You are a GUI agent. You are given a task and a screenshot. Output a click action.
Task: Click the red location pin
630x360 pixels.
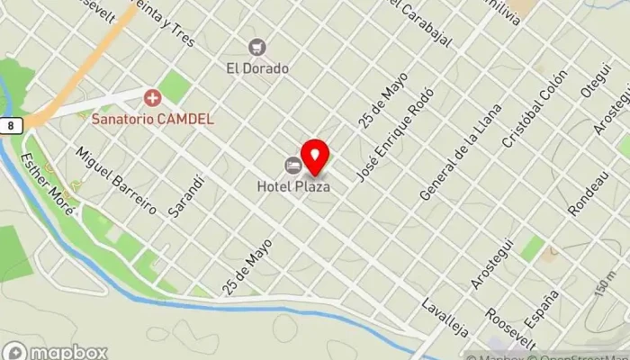[314, 157]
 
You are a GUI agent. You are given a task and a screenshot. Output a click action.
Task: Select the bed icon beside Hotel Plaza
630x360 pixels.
[292, 165]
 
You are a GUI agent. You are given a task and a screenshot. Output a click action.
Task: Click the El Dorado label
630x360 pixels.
[257, 67]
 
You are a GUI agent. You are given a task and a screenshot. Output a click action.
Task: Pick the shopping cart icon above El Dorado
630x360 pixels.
[258, 47]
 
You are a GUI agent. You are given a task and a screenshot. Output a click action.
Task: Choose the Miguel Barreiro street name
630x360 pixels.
[117, 179]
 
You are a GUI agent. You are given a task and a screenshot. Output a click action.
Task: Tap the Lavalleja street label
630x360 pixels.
[445, 316]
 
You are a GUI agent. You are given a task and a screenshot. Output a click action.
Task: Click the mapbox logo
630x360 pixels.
[56, 351]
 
